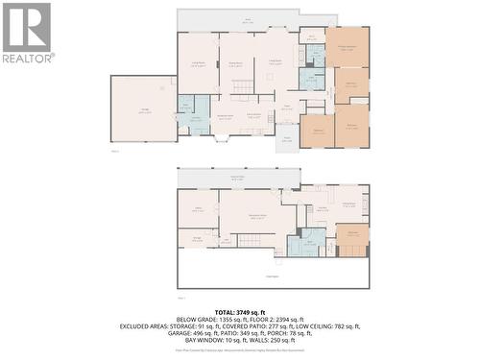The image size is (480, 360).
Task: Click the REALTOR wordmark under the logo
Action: pos(27,58)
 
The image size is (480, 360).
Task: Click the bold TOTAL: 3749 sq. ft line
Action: pos(240,312)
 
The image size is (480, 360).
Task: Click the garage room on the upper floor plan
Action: pos(143,109)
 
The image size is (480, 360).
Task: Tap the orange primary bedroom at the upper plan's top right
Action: pos(347,47)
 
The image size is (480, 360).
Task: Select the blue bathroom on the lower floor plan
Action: pos(308,242)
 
